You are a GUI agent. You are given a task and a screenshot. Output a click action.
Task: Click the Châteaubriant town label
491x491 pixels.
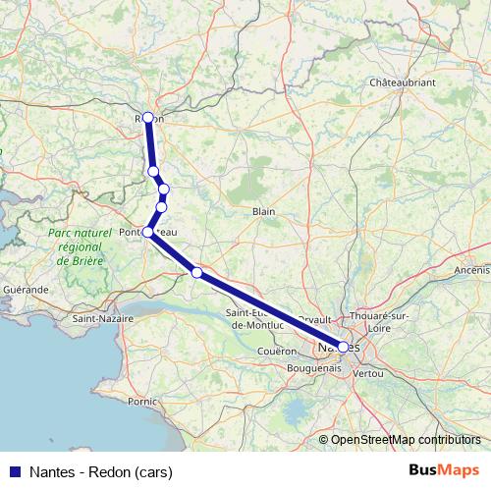tap(402, 83)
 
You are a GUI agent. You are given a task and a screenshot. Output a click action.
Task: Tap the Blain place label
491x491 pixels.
tap(263, 211)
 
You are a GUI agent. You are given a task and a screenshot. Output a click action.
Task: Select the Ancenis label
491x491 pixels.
tap(471, 269)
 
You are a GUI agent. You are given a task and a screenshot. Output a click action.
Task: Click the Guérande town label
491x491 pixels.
tap(27, 291)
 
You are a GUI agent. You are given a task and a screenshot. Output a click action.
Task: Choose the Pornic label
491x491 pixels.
tap(142, 401)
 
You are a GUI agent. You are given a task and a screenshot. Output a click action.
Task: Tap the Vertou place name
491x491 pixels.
tap(368, 374)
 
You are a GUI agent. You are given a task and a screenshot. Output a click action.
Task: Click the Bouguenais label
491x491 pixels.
tap(315, 367)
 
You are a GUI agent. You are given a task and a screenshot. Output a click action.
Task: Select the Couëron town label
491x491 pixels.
tap(278, 351)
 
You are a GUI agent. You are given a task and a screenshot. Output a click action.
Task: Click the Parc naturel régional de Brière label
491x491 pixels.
tap(76, 247)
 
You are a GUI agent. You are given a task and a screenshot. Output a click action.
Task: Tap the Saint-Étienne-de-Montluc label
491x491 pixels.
tap(256, 318)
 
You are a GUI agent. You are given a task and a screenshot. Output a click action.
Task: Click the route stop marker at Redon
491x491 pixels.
tap(147, 118)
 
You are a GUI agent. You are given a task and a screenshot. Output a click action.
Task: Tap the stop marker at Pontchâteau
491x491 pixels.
tap(148, 232)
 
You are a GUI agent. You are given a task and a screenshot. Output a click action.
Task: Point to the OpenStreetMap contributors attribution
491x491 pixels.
tap(405, 439)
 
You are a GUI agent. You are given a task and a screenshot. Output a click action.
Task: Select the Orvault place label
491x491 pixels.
tap(314, 320)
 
